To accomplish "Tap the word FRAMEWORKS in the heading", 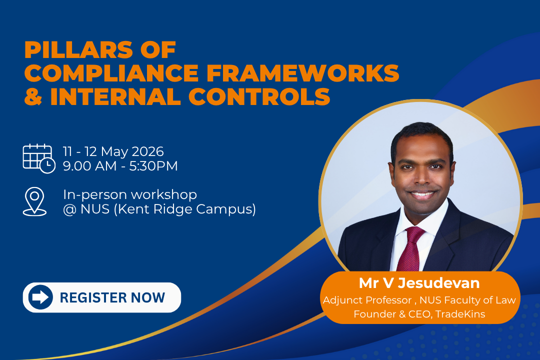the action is (302, 73).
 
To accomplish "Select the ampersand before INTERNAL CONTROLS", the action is (33, 96).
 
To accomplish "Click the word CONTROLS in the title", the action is (259, 96).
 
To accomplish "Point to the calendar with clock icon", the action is (39, 158).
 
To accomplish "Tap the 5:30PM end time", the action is (153, 166).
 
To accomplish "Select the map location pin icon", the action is (34, 201).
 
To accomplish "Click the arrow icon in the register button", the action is (40, 297).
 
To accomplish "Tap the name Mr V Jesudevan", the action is (419, 283).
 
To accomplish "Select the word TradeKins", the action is (460, 314).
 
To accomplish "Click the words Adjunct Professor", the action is (367, 300).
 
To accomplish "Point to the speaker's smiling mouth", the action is (422, 194).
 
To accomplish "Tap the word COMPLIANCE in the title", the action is (111, 73).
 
